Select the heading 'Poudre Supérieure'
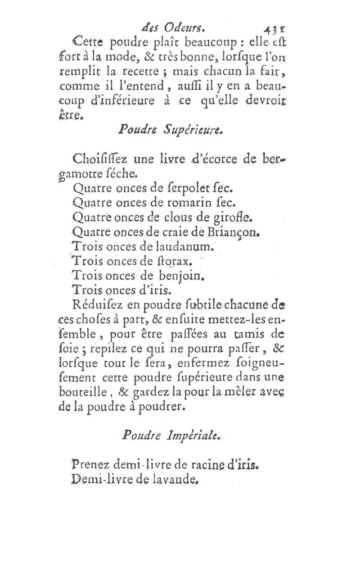coord(176,131)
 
